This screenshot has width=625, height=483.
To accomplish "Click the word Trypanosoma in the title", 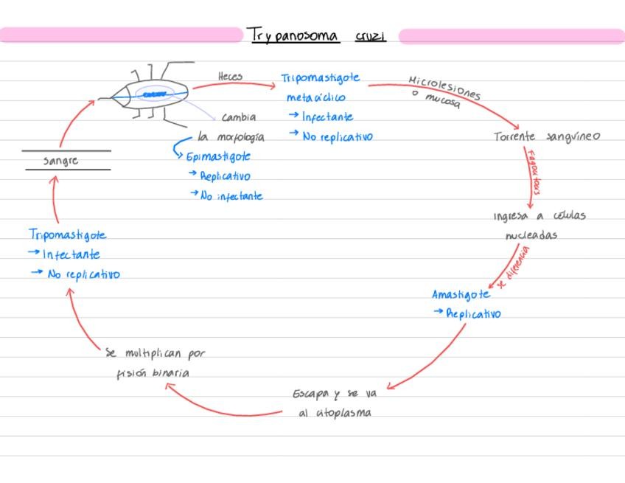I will click(x=294, y=35).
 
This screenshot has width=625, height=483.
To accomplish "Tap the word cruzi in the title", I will click(x=370, y=35).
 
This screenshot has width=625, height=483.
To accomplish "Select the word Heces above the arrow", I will click(x=230, y=76).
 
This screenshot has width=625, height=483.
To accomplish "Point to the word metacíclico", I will click(x=315, y=97).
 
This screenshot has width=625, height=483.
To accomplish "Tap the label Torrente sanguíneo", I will click(x=546, y=136).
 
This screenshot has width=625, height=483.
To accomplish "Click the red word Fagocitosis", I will click(x=533, y=171).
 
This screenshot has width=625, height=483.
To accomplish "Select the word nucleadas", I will click(x=531, y=235).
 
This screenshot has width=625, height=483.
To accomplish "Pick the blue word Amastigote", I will click(x=461, y=294).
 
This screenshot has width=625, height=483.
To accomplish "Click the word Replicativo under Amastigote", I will click(x=473, y=313).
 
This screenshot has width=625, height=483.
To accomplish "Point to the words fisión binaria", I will click(x=153, y=373).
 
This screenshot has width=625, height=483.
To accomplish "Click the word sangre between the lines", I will click(x=60, y=160).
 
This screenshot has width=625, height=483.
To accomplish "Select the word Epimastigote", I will click(x=218, y=156).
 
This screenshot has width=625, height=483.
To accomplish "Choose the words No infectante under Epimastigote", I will click(x=231, y=196).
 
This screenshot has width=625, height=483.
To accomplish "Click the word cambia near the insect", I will click(x=239, y=117).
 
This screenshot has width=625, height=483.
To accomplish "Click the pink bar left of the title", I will click(x=122, y=35).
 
